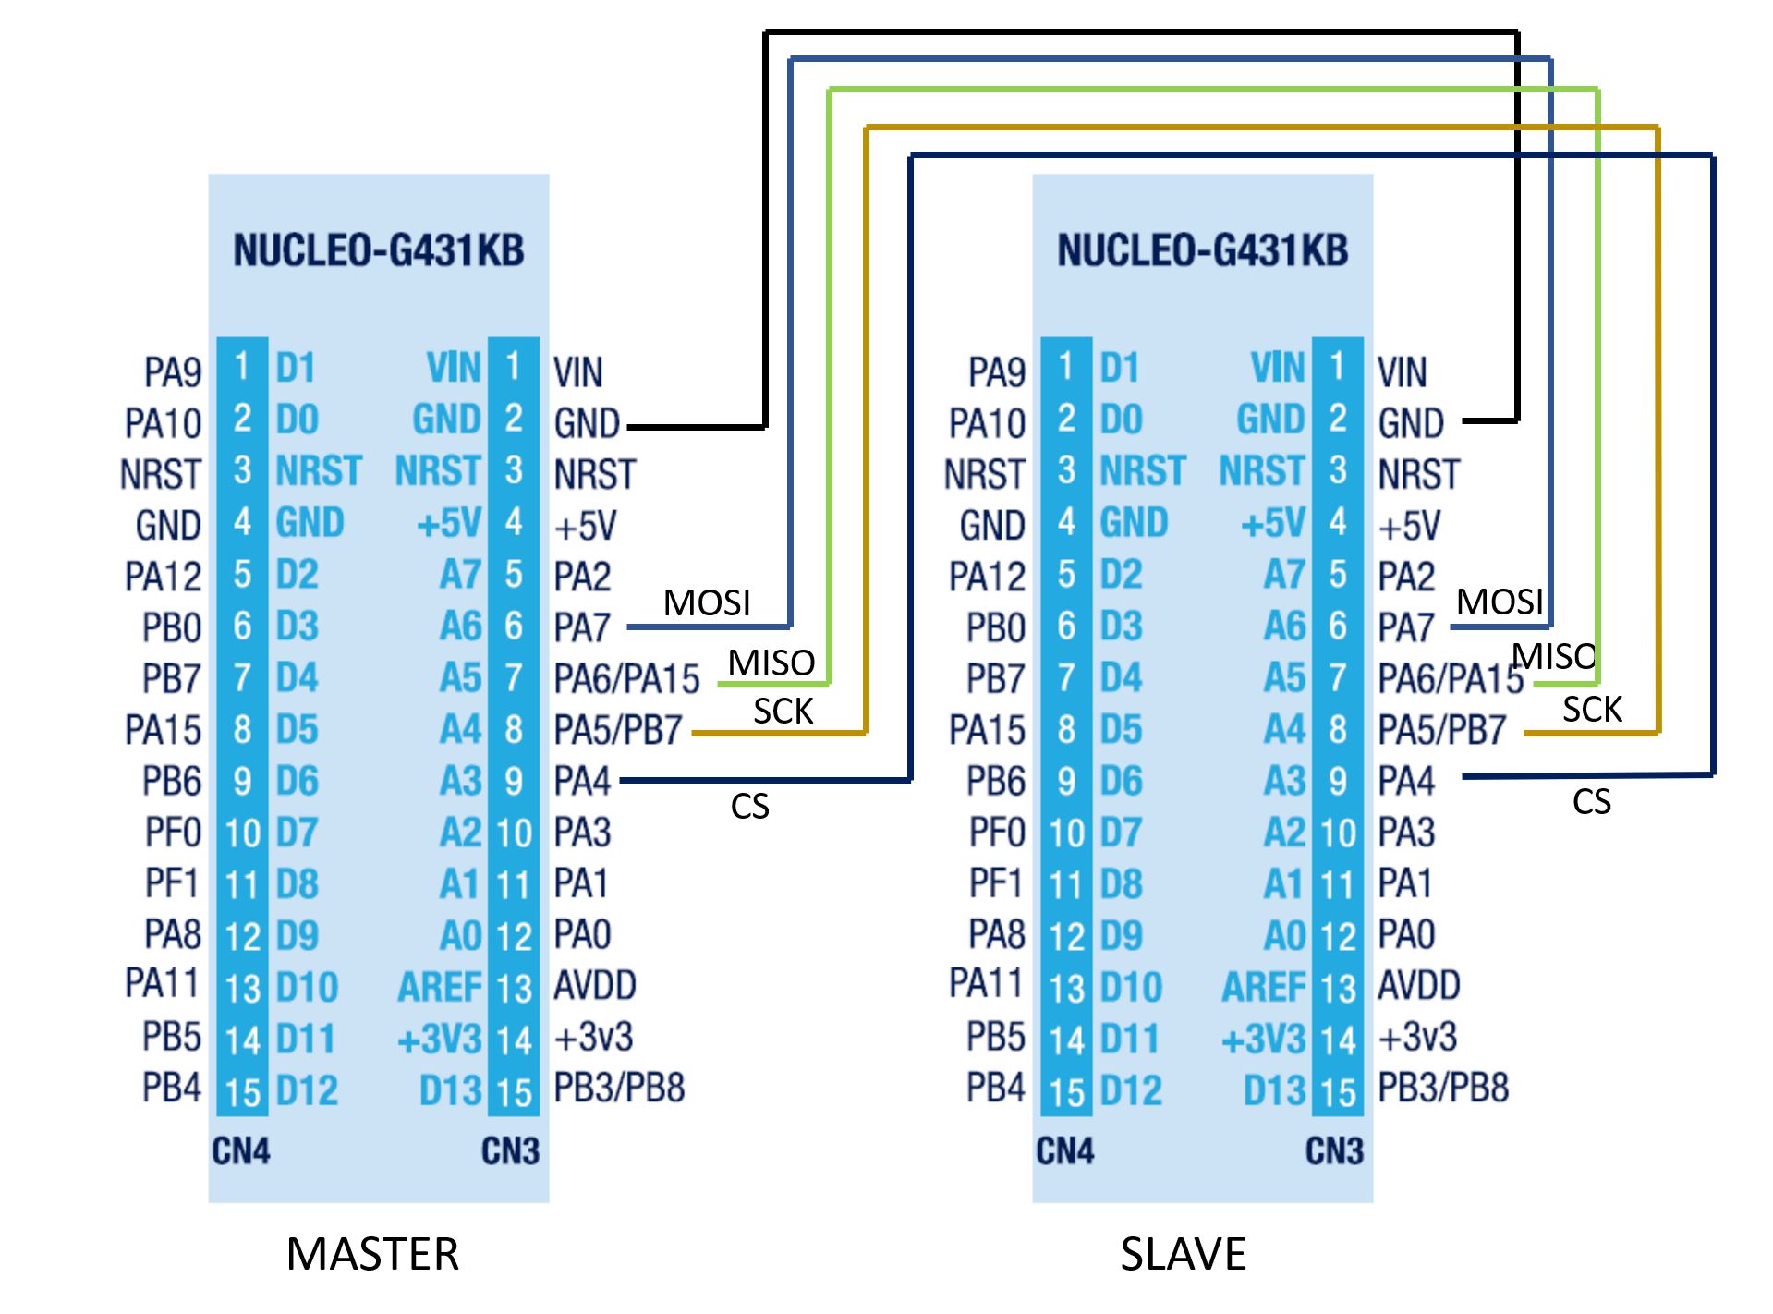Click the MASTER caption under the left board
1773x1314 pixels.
click(372, 1254)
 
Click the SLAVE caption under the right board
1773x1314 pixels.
click(1184, 1254)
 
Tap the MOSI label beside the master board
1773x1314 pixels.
click(707, 602)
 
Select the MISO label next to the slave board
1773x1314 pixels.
click(1554, 656)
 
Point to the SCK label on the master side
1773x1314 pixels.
click(783, 711)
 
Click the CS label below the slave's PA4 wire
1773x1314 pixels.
click(1592, 801)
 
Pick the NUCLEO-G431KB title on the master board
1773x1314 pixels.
click(379, 250)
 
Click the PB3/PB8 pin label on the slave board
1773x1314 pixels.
click(1443, 1088)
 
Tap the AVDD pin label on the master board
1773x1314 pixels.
click(595, 985)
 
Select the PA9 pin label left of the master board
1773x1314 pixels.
click(173, 372)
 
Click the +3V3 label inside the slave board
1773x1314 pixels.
click(1264, 1040)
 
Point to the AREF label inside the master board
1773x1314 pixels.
click(440, 988)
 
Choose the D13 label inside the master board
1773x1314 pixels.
click(451, 1091)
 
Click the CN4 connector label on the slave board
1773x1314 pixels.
click(1065, 1151)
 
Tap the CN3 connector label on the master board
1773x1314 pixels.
click(510, 1151)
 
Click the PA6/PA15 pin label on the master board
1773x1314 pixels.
click(627, 679)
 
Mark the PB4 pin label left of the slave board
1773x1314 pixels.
click(996, 1088)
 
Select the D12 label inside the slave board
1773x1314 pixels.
click(1131, 1091)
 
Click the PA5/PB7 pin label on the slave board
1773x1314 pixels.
click(1442, 730)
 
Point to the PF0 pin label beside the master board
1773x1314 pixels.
click(173, 833)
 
